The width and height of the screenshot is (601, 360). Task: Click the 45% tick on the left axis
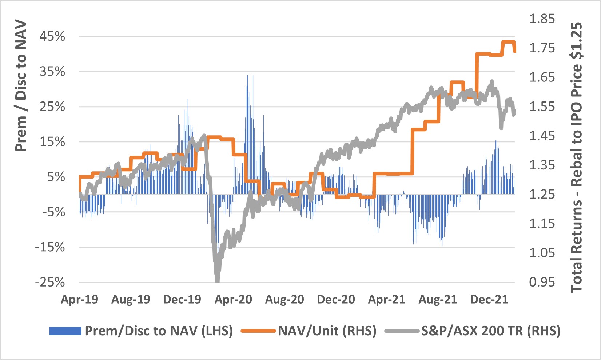(x=52, y=36)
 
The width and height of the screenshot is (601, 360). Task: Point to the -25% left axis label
(x=50, y=282)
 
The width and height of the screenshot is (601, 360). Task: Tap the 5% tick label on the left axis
(x=56, y=177)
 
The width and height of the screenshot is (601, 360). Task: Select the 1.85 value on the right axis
(x=542, y=19)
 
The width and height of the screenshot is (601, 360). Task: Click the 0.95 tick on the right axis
(x=542, y=282)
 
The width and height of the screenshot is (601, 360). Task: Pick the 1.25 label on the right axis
(x=542, y=194)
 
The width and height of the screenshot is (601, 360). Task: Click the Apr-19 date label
(x=79, y=300)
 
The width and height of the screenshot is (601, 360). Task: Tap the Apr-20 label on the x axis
(x=233, y=300)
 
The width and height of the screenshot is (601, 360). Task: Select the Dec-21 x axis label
(x=489, y=300)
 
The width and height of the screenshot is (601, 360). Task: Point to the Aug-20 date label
(x=284, y=300)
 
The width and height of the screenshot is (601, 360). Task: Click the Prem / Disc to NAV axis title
(x=21, y=86)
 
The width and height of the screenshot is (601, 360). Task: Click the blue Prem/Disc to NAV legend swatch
(x=65, y=331)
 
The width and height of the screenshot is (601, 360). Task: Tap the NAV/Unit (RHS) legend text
(x=327, y=331)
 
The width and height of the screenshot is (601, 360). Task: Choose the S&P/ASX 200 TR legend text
(x=491, y=331)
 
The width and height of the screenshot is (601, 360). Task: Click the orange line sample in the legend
(x=258, y=331)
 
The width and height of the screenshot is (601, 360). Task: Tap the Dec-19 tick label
(x=182, y=300)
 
